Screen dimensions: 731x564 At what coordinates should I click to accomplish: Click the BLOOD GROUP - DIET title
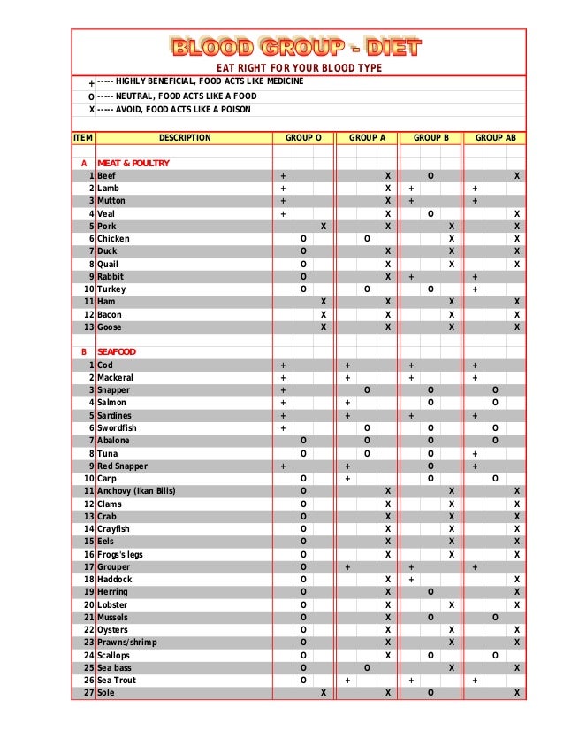(x=296, y=47)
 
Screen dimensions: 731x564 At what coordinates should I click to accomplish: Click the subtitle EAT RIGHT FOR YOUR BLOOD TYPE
(x=300, y=68)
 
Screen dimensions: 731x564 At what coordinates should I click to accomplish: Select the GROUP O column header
(x=303, y=138)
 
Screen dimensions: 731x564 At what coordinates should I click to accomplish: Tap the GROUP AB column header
(x=495, y=138)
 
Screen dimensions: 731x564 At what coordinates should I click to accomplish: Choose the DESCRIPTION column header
(x=185, y=138)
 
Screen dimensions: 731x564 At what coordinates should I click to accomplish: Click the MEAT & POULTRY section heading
(x=133, y=164)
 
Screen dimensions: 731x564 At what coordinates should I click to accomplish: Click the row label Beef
(x=106, y=176)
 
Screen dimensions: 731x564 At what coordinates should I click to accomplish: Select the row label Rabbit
(x=111, y=277)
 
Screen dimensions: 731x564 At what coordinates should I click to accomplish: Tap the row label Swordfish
(x=117, y=428)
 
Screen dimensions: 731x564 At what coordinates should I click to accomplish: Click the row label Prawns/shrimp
(x=126, y=643)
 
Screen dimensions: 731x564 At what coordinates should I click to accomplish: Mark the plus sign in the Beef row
(x=283, y=176)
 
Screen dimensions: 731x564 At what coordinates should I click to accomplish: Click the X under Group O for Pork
(x=324, y=227)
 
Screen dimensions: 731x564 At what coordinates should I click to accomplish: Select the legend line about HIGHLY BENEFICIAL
(x=200, y=81)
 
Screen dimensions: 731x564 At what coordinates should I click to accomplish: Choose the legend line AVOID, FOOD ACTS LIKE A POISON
(x=173, y=110)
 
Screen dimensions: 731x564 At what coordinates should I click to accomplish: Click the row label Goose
(x=110, y=327)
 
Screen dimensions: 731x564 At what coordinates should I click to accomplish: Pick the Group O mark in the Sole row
(x=324, y=693)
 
